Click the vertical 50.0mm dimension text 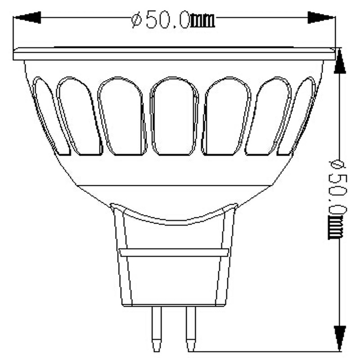pyautogui.click(x=336, y=198)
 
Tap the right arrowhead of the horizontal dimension pyautogui.click(x=321, y=18)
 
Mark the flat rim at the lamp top pyautogui.click(x=174, y=54)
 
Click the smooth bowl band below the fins pyautogui.click(x=174, y=171)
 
